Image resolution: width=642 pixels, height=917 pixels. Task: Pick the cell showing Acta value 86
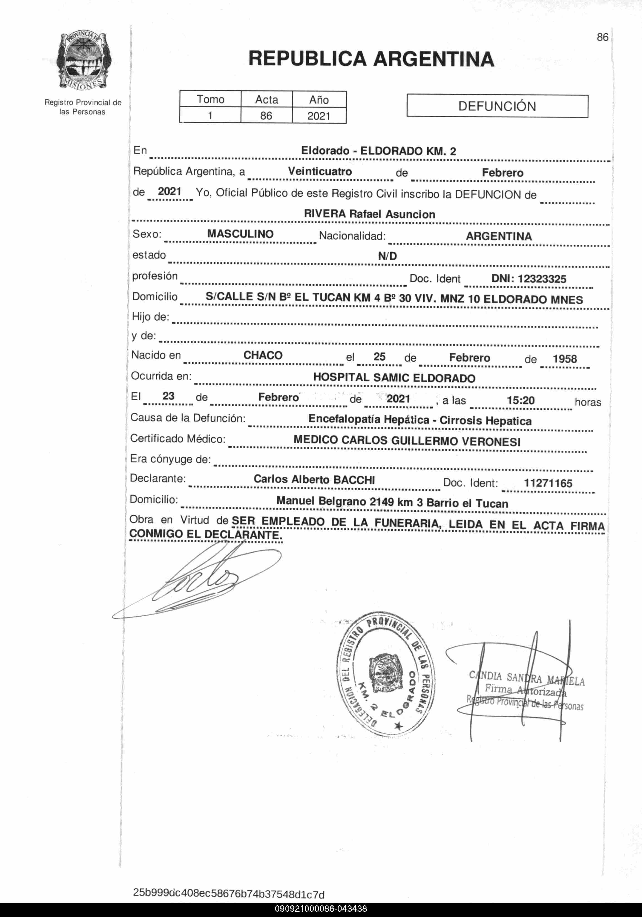[266, 116]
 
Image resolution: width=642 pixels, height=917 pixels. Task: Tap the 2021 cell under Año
[319, 116]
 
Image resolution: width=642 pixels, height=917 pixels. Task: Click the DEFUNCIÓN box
[497, 106]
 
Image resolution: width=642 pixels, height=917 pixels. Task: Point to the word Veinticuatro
[320, 171]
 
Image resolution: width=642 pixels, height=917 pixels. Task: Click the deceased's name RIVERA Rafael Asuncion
[370, 214]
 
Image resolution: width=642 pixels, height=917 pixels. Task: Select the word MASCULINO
[240, 234]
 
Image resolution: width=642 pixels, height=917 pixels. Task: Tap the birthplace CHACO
[263, 355]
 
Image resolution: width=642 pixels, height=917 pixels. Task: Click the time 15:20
[520, 400]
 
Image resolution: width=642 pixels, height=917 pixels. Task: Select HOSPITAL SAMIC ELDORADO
[394, 378]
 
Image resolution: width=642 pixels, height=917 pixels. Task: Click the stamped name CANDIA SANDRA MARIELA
[527, 678]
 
